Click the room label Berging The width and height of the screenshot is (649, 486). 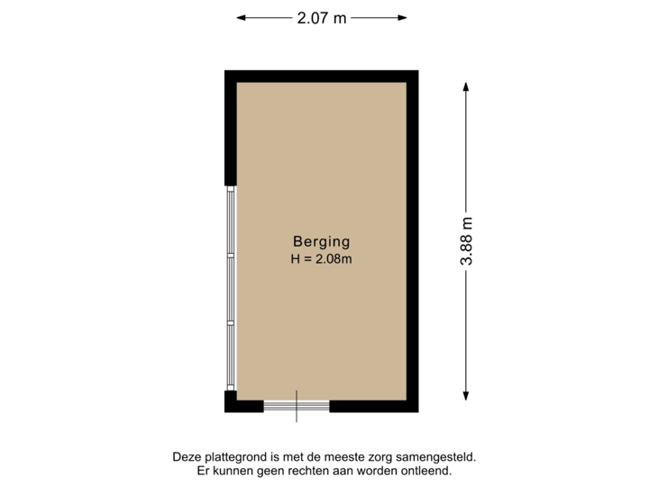click(321, 241)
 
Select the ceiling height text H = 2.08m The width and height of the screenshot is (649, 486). click(321, 259)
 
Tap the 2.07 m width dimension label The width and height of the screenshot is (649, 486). click(322, 17)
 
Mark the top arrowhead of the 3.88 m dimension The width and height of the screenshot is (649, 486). click(467, 87)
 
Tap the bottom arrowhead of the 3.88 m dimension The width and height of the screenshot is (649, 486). click(467, 397)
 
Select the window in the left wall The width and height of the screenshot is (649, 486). click(231, 288)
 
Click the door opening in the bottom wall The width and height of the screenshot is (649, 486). click(297, 407)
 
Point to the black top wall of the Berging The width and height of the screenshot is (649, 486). click(321, 76)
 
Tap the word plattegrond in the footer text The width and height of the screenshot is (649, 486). click(230, 457)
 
